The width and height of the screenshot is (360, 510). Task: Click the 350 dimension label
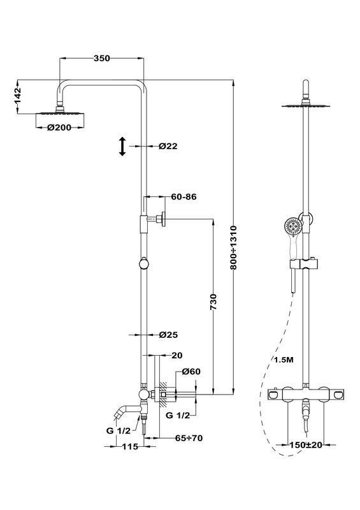click(x=102, y=59)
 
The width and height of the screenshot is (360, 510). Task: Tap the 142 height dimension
click(x=17, y=96)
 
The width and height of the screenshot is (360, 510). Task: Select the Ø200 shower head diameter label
click(x=59, y=127)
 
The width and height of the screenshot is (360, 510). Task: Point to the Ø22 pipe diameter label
click(x=168, y=146)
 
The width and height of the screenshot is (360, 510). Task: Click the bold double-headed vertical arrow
click(x=122, y=147)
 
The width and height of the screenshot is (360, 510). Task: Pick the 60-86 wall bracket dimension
click(x=184, y=197)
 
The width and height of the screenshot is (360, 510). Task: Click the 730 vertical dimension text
click(x=213, y=302)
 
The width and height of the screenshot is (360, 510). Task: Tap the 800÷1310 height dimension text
click(x=234, y=247)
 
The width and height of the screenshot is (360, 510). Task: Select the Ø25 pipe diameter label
click(x=168, y=335)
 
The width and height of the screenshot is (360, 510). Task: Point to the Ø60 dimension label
click(x=191, y=372)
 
